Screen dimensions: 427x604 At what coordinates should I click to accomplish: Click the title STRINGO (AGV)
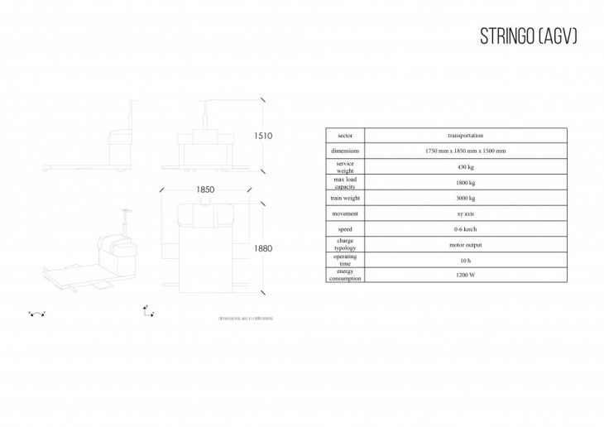pyautogui.click(x=529, y=37)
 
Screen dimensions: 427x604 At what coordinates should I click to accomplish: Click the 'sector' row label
pyautogui.click(x=344, y=135)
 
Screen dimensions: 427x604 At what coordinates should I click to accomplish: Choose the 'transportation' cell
pyautogui.click(x=465, y=135)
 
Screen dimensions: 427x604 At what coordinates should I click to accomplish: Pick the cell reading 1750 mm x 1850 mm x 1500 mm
pyautogui.click(x=465, y=151)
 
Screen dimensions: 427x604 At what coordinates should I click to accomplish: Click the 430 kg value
pyautogui.click(x=465, y=166)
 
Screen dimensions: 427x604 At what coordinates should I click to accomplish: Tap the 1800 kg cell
pyautogui.click(x=465, y=182)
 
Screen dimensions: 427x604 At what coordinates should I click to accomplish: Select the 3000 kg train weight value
pyautogui.click(x=465, y=198)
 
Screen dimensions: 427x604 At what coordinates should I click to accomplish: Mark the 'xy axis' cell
pyautogui.click(x=465, y=213)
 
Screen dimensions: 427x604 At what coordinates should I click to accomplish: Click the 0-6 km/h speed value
pyautogui.click(x=465, y=229)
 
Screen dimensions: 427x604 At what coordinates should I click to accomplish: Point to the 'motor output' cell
pyautogui.click(x=465, y=245)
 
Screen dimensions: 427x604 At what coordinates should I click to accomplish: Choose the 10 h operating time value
pyautogui.click(x=465, y=261)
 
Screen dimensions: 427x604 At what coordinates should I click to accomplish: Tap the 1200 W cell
pyautogui.click(x=465, y=276)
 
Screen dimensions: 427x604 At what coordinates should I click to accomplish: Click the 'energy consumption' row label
pyautogui.click(x=344, y=276)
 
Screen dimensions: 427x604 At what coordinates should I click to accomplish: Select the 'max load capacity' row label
pyautogui.click(x=344, y=182)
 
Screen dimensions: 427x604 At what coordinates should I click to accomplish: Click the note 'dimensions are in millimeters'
pyautogui.click(x=246, y=318)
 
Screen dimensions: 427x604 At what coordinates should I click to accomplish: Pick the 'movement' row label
pyautogui.click(x=344, y=213)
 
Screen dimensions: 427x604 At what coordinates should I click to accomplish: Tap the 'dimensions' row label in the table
pyautogui.click(x=344, y=151)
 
